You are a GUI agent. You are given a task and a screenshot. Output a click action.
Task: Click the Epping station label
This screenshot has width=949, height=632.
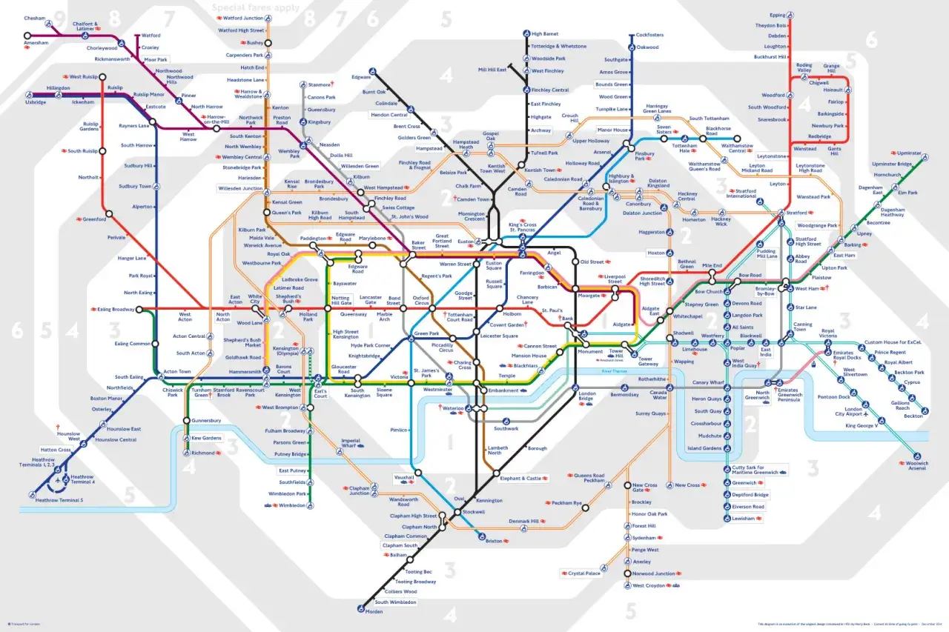(777, 15)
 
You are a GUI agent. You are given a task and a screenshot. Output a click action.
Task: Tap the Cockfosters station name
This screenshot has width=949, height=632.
(649, 35)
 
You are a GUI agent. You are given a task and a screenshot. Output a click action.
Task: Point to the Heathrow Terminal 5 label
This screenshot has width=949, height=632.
(59, 500)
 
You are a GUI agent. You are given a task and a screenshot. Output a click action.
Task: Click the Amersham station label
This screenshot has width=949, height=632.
(35, 44)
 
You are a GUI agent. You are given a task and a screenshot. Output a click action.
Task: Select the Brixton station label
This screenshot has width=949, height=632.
(494, 541)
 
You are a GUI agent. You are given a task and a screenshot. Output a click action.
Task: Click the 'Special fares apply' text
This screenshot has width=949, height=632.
(256, 8)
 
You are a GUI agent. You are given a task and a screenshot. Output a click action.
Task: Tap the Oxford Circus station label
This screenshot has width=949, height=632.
(422, 300)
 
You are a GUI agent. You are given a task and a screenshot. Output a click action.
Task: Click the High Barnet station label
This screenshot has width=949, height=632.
(544, 33)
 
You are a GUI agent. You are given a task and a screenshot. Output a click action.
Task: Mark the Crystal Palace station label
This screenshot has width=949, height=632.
(584, 573)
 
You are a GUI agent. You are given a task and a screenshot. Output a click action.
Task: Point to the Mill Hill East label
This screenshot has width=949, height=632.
(492, 70)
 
